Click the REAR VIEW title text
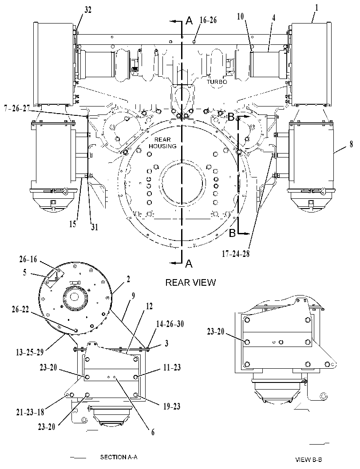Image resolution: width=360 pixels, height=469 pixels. [x=190, y=282]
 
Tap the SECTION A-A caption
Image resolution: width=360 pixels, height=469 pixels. [x=119, y=457]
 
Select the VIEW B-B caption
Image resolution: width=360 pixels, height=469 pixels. [x=309, y=459]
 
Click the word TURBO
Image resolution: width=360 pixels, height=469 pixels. [x=217, y=82]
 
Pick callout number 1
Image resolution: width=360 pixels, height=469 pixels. [x=316, y=7]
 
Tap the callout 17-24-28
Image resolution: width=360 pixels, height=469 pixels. [x=236, y=254]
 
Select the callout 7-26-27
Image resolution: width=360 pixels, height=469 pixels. [x=16, y=108]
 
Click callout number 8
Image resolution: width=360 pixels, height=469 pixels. [x=351, y=145]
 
